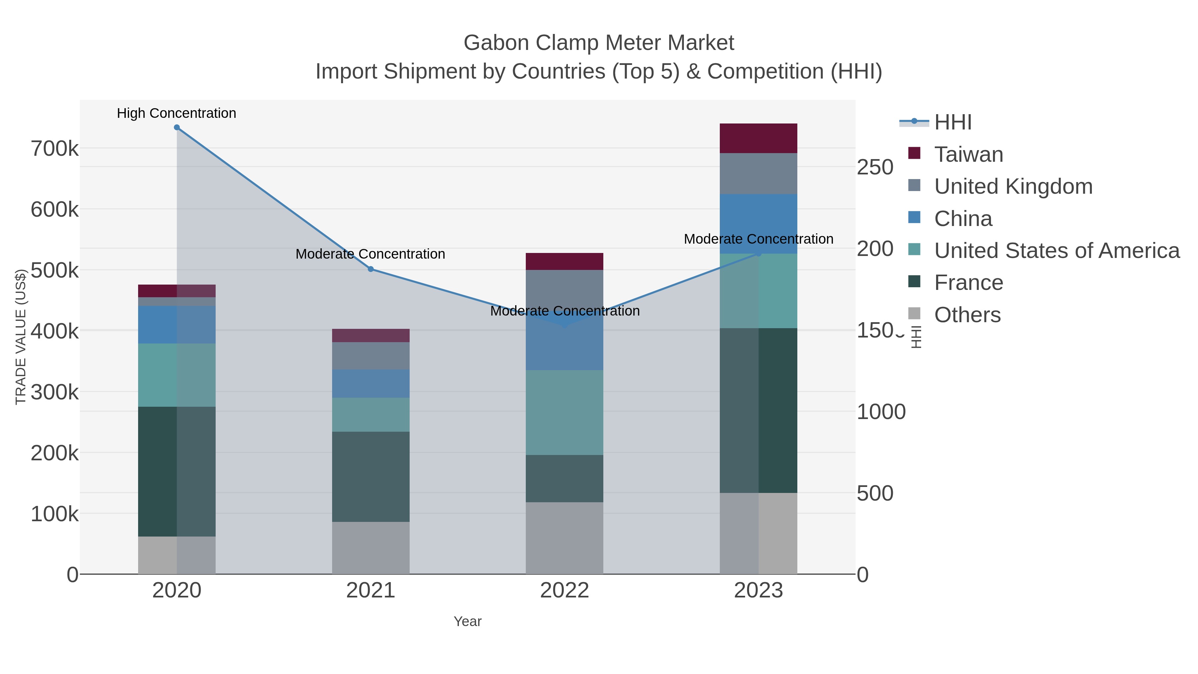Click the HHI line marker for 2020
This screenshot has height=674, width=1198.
[177, 127]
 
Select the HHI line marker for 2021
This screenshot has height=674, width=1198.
[371, 269]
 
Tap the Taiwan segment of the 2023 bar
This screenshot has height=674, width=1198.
[758, 138]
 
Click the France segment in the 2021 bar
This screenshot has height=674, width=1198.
[371, 476]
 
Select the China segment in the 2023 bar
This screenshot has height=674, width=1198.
[758, 223]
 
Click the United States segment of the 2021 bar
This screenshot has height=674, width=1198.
[371, 414]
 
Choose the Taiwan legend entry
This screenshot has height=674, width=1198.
[968, 154]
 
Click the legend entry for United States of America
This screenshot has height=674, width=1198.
[1056, 251]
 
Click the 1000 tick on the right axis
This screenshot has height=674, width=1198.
[881, 412]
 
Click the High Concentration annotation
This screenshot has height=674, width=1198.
[176, 113]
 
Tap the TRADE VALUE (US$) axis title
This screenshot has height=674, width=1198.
[20, 337]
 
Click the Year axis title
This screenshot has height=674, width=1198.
[468, 621]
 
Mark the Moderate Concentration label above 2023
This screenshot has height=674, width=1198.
[758, 239]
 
